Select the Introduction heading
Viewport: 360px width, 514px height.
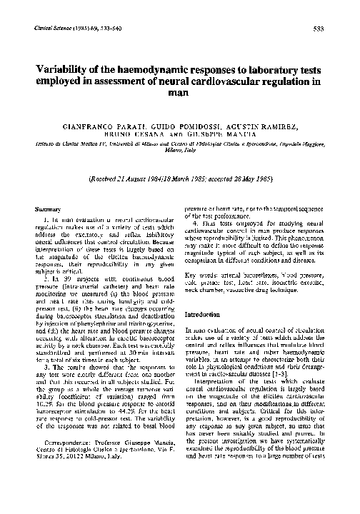[204, 314]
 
